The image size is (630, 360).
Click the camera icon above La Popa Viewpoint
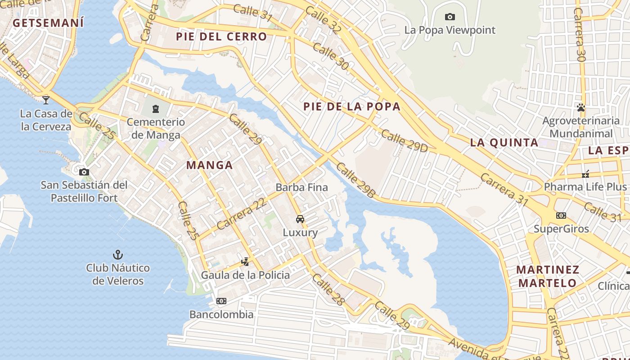coord(450,17)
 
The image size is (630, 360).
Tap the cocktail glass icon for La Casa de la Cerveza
coord(46,99)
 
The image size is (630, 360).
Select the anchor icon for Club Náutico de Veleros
coord(117,255)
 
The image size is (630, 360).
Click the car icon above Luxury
coord(300,219)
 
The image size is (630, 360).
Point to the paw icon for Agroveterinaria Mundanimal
coord(581,108)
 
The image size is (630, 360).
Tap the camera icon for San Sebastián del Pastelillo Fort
coord(84,172)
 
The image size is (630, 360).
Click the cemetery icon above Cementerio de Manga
coord(155,108)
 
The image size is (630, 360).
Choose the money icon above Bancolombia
coord(221,301)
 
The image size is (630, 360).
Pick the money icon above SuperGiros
coord(561,216)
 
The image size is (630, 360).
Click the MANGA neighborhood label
coord(209,165)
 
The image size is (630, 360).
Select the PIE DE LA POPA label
coord(351,107)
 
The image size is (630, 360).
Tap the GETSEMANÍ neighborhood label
coord(48,23)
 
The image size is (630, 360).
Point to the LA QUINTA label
coord(504,143)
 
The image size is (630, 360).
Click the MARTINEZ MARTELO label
coord(548,276)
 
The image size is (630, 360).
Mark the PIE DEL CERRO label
coord(221,36)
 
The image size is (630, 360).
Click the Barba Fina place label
coord(301,187)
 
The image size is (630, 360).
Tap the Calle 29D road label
coord(404,141)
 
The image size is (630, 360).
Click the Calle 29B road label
coord(355,180)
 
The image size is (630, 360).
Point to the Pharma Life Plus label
coord(585,187)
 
